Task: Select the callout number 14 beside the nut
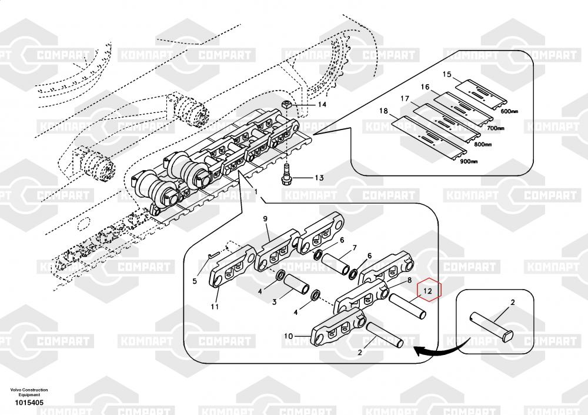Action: (x=322, y=104)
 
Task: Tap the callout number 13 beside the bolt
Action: (x=319, y=178)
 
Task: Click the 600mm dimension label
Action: (x=510, y=111)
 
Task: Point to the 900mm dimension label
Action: (x=469, y=161)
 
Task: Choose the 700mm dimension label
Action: (x=495, y=128)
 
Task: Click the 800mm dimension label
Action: (x=482, y=144)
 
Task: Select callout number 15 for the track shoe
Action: (x=447, y=74)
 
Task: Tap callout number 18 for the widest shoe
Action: (x=383, y=111)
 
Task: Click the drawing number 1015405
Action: (x=29, y=403)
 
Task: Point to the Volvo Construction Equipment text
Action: (x=29, y=393)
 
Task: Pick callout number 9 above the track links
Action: (x=265, y=218)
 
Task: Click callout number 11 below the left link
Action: (x=215, y=307)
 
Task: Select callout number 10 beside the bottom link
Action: (x=288, y=336)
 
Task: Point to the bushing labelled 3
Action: (x=296, y=284)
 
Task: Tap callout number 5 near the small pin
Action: (x=194, y=281)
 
